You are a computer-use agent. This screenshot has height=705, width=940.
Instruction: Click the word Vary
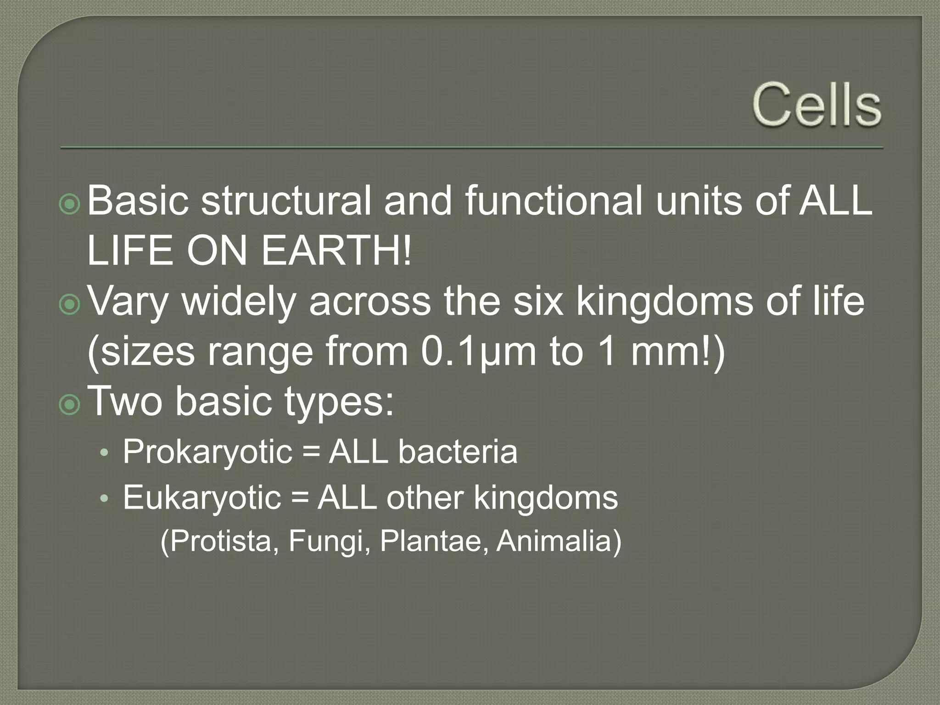click(128, 302)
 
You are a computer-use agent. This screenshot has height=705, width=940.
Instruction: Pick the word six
click(537, 302)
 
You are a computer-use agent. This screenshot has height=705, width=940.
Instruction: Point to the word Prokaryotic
click(207, 452)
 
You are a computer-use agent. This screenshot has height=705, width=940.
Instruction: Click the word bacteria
click(458, 452)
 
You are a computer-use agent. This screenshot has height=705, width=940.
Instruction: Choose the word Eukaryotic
click(202, 498)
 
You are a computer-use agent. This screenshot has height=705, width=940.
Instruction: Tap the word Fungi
click(329, 541)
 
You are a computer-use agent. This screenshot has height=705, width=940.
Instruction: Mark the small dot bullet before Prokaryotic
click(104, 453)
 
